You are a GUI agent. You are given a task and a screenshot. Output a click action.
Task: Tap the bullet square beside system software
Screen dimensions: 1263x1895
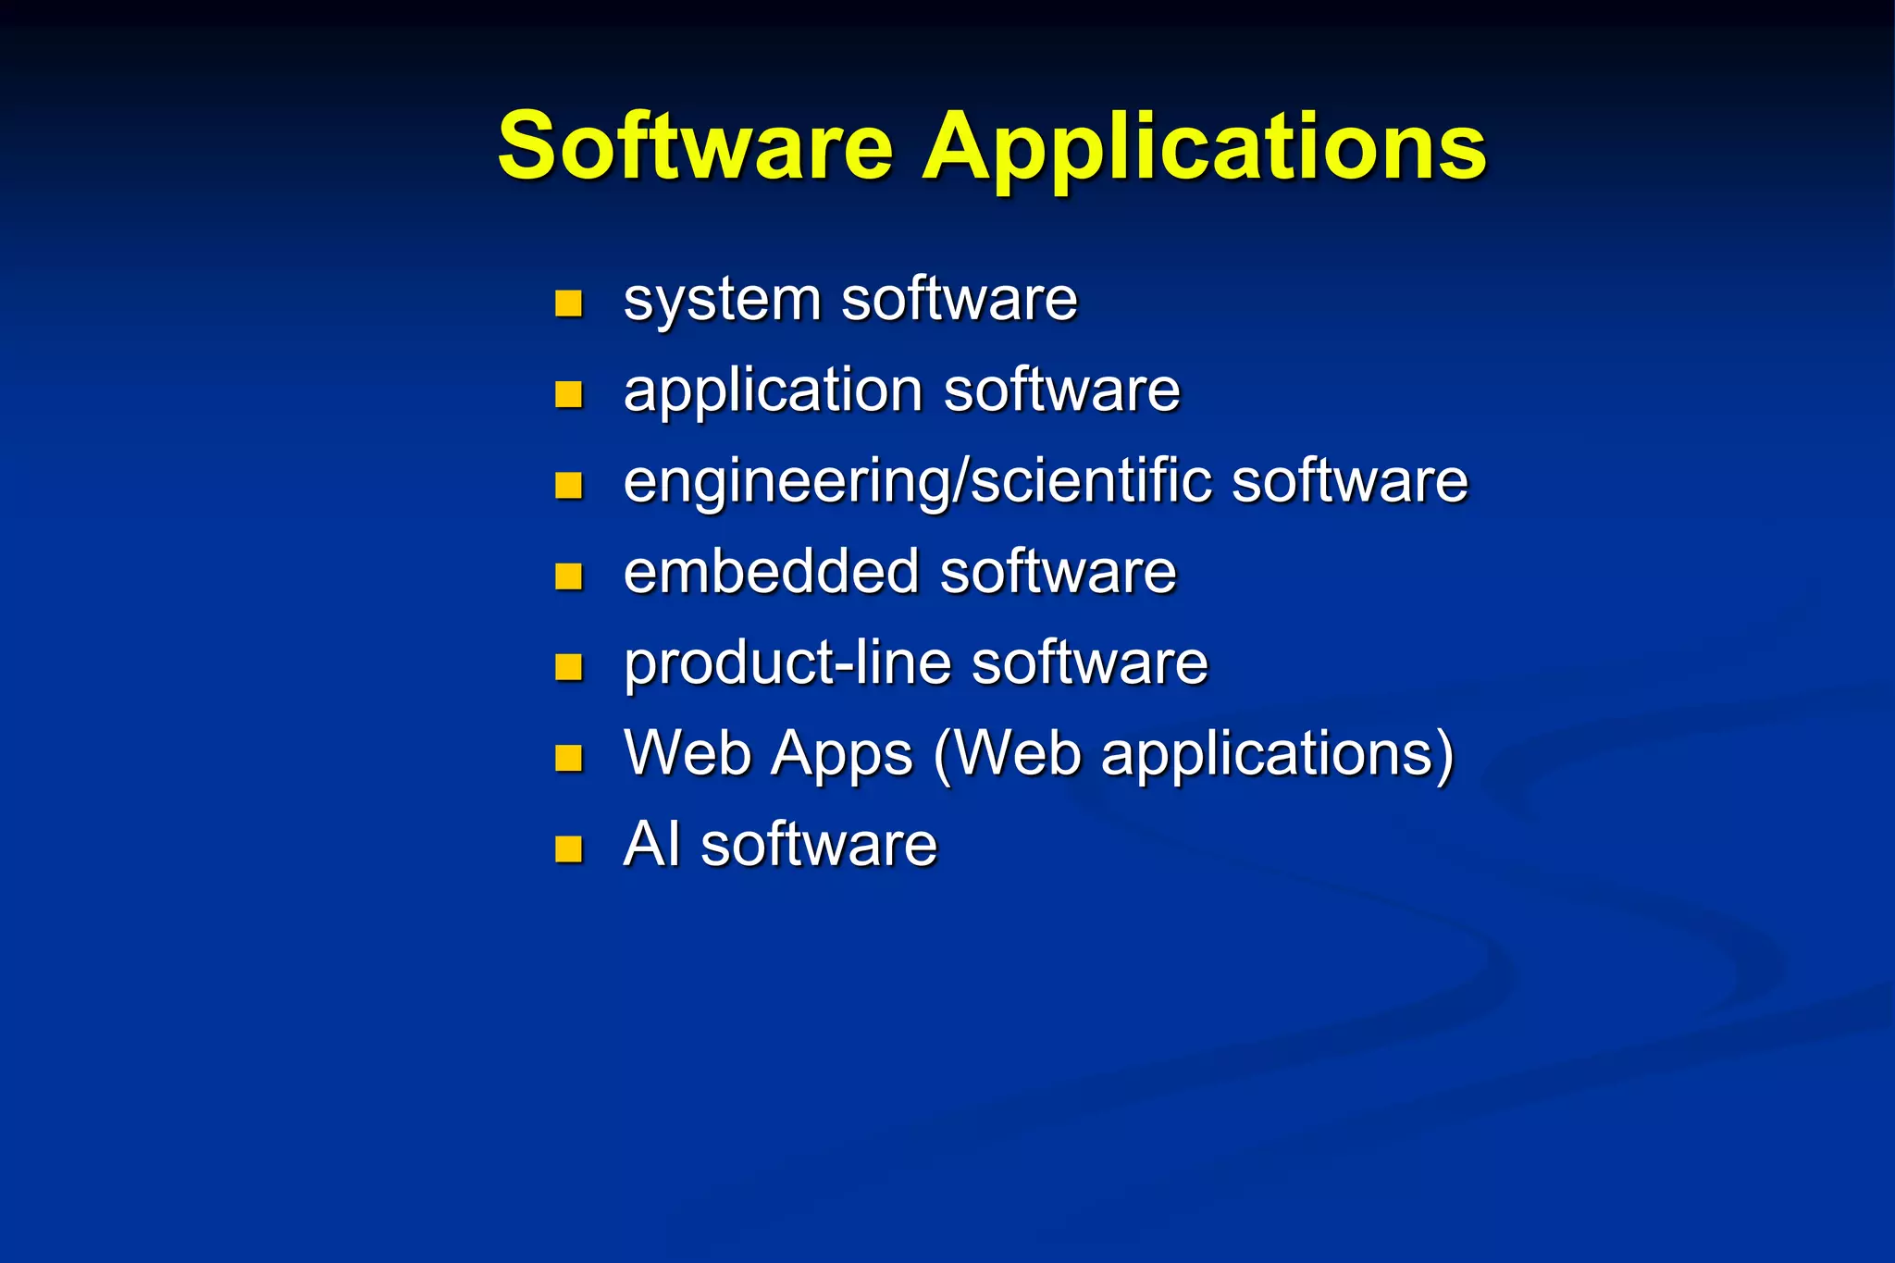568,303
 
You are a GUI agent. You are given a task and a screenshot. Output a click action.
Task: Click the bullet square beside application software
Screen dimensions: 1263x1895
568,394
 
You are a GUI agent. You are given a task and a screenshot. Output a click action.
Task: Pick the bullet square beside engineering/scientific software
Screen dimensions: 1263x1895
568,485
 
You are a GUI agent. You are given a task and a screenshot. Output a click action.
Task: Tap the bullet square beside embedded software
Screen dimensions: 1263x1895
568,576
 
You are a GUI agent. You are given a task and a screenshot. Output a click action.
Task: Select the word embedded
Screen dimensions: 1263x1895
771,572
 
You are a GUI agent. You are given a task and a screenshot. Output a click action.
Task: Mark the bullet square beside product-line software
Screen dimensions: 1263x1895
568,666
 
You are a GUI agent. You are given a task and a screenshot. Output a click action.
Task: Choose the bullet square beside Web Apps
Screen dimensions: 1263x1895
568,757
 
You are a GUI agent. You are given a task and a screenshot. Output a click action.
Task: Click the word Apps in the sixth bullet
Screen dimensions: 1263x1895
842,755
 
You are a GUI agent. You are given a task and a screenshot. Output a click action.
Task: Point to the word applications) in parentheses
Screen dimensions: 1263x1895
1277,755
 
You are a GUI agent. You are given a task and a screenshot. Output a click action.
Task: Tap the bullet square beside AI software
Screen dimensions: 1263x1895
568,848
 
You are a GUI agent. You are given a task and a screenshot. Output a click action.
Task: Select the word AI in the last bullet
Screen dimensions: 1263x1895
651,844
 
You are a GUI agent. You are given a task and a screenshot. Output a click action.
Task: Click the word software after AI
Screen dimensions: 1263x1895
819,845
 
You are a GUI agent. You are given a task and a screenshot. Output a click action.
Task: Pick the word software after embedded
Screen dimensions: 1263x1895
1059,572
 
